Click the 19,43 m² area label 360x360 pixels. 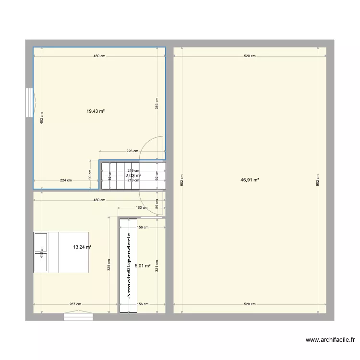click(96, 111)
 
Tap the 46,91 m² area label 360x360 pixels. click(250, 180)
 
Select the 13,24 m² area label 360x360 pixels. click(82, 247)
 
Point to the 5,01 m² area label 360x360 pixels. click(143, 265)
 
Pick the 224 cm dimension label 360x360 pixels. click(66, 180)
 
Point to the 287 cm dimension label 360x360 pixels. click(75, 304)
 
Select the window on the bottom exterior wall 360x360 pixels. click(78, 316)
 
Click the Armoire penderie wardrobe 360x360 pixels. click(128, 266)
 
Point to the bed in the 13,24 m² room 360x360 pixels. click(61, 252)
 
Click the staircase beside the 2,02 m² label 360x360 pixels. click(120, 176)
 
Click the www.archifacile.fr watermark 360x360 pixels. click(330, 340)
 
